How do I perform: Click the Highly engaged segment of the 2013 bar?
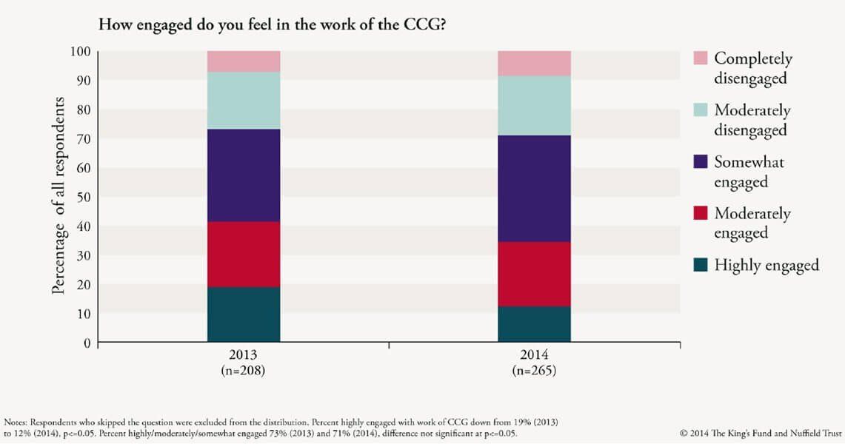[244, 314]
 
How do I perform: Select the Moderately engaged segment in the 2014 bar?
[534, 274]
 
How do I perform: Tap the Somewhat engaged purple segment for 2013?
[244, 175]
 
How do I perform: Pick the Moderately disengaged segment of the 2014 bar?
[534, 105]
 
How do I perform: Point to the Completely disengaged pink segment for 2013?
[244, 61]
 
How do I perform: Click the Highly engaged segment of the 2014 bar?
[534, 324]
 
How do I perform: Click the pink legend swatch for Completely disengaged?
[700, 58]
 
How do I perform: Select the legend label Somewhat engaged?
[749, 172]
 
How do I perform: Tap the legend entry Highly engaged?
[766, 265]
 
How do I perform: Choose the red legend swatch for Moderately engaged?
[700, 213]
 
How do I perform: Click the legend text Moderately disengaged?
[752, 120]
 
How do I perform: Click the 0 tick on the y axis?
[87, 343]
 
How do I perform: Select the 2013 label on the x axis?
[244, 354]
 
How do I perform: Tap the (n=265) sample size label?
[534, 369]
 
